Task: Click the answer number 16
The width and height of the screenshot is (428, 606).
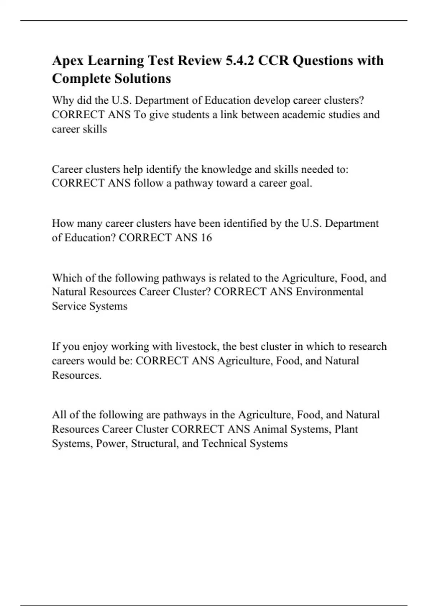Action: pos(206,238)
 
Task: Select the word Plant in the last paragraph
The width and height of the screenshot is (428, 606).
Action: pos(346,429)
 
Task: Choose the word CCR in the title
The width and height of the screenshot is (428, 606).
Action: pos(273,61)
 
